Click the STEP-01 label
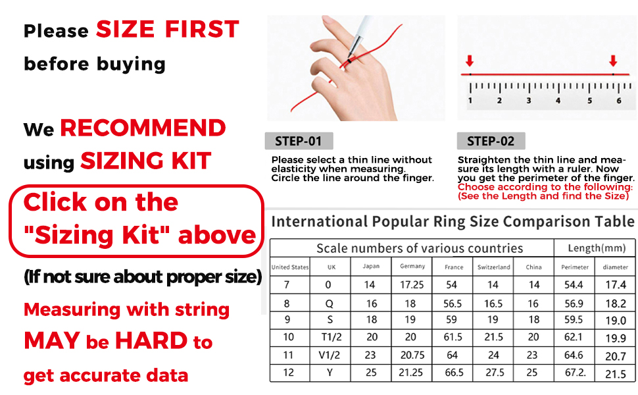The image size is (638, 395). tap(299, 141)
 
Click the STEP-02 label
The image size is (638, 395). tap(491, 141)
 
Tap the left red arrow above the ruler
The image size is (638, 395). tap(469, 61)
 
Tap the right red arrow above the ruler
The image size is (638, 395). tap(613, 61)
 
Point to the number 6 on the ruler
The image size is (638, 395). tap(618, 101)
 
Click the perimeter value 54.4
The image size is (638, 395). tap(574, 285)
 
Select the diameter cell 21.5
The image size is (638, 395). tap(616, 373)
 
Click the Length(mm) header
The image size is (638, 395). tap(595, 248)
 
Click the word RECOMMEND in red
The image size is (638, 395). tap(143, 128)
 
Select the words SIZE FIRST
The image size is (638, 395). tap(168, 30)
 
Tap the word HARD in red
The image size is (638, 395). tap(151, 341)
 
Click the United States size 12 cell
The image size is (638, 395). tap(289, 373)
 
